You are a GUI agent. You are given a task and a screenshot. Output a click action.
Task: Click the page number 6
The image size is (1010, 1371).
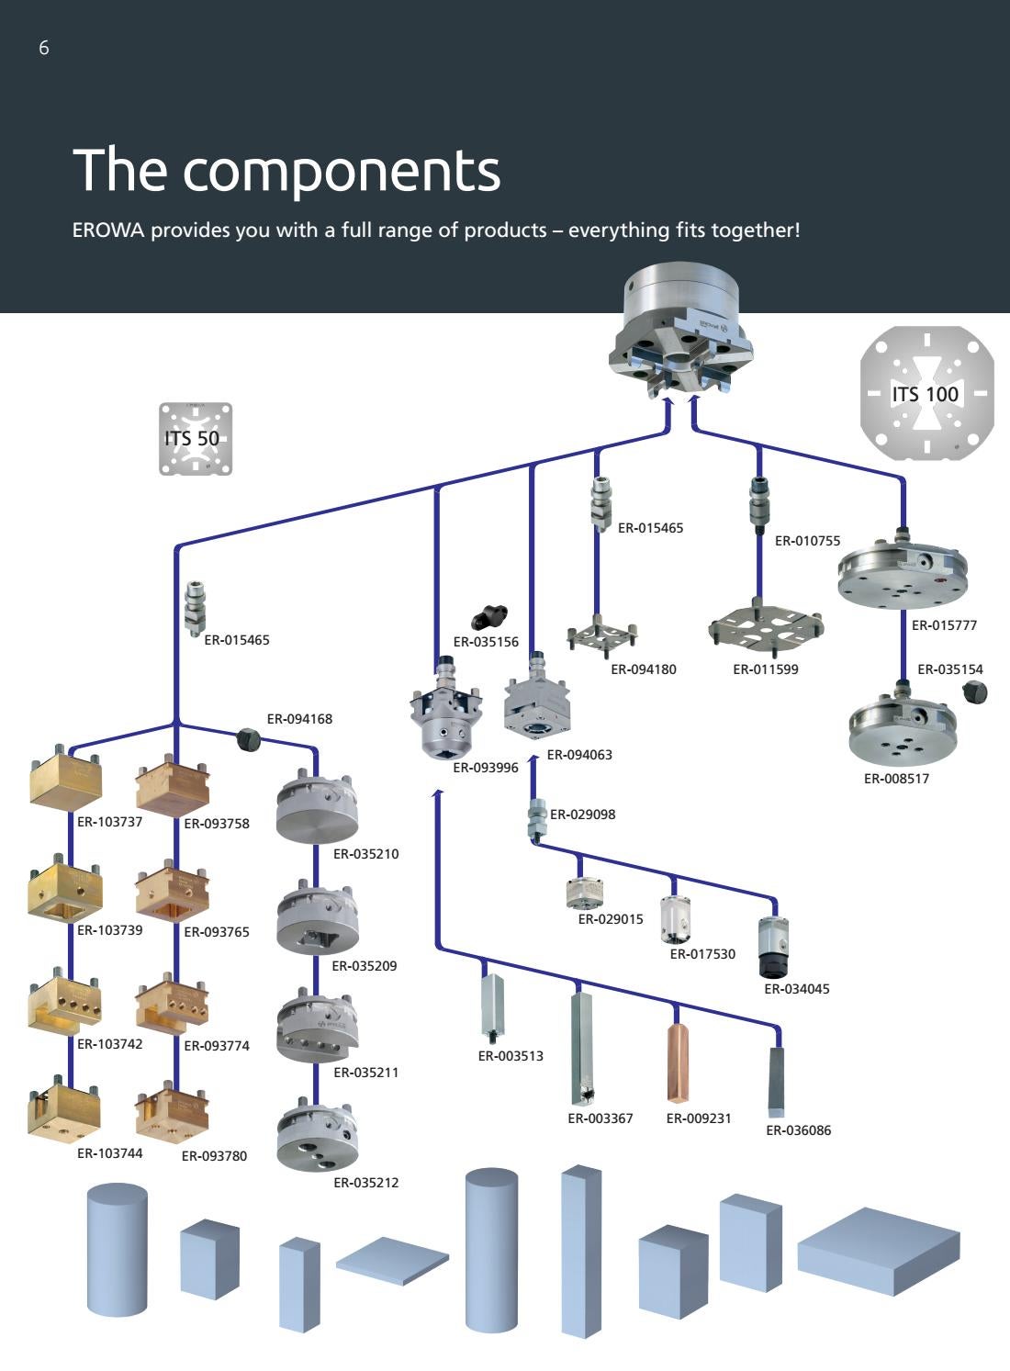[43, 49]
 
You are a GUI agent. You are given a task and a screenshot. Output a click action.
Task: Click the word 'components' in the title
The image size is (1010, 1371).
[342, 170]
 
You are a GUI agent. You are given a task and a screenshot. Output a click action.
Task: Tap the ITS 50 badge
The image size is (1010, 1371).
[195, 439]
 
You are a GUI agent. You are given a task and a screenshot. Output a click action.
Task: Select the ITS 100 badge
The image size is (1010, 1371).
[926, 394]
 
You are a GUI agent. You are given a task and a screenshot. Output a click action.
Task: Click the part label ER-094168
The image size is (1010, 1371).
[299, 719]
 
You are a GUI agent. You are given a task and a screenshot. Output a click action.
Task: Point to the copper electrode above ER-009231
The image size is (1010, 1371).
[679, 1061]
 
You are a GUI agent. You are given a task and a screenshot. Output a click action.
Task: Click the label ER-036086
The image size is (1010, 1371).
[798, 1130]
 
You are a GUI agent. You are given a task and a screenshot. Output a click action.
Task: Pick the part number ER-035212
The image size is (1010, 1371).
[365, 1183]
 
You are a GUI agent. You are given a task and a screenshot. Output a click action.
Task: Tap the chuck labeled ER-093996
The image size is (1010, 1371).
[445, 716]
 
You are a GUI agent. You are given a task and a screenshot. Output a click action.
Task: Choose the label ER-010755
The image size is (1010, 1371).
[807, 541]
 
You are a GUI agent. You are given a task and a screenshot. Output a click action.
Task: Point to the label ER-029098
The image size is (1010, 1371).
[582, 815]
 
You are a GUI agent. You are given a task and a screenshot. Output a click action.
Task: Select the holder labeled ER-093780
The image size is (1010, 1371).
[172, 1112]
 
